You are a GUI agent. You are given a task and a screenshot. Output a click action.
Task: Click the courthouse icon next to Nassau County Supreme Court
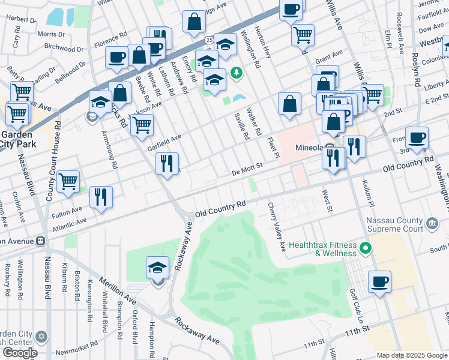pos(431,224)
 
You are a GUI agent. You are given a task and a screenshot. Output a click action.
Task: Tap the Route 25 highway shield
pos(208,40)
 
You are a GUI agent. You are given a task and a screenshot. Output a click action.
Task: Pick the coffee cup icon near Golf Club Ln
pos(379,282)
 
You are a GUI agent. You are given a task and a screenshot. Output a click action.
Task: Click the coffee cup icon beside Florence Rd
pos(116,58)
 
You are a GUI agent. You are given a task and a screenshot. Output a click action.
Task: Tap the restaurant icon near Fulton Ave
pos(101,197)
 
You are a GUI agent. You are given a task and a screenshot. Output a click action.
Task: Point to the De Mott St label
pos(248,170)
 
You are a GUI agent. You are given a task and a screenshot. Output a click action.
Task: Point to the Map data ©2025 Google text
pos(412,355)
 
